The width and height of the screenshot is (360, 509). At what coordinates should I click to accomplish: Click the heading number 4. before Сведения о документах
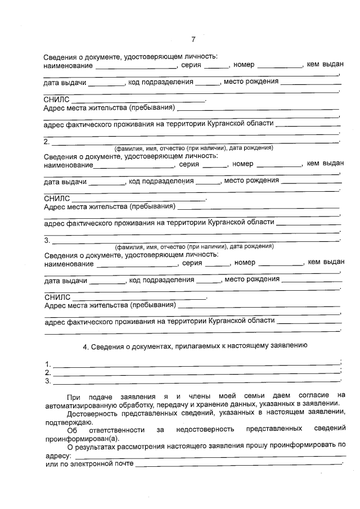coord(86,346)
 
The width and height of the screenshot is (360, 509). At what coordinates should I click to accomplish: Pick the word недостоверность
coord(205,430)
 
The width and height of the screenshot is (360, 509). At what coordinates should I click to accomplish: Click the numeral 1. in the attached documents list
coord(48,363)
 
